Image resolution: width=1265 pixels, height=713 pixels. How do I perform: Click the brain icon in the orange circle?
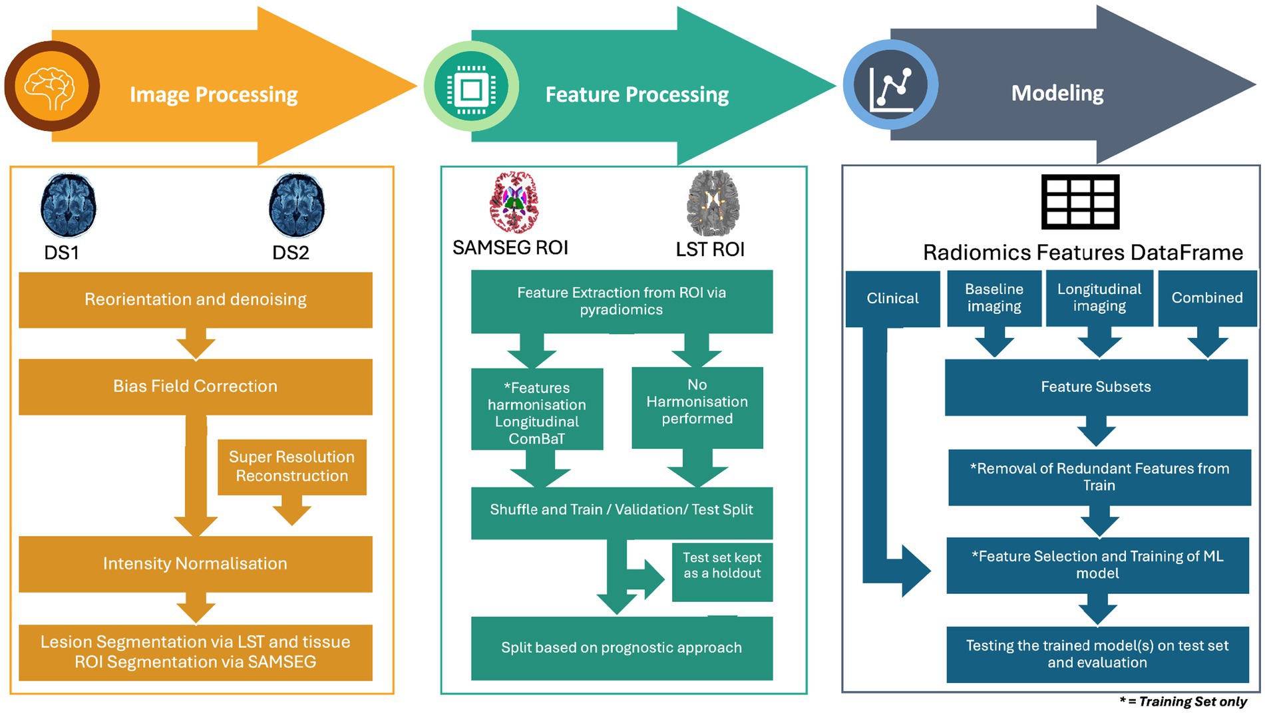point(51,87)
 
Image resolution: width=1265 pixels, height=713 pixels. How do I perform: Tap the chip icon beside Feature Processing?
point(471,88)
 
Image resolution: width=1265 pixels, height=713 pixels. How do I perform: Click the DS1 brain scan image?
point(68,206)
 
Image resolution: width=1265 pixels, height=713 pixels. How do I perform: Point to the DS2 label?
point(291,253)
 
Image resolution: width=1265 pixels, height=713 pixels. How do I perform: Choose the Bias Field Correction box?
point(195,386)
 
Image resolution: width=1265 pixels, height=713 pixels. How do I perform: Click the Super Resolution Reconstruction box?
point(291,466)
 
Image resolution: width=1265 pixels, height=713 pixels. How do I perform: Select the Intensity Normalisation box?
point(195,564)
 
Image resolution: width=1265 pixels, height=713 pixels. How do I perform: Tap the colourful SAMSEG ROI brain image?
point(514,202)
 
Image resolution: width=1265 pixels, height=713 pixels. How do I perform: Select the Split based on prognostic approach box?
point(622,648)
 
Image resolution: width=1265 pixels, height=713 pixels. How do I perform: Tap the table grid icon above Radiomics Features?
point(1080,202)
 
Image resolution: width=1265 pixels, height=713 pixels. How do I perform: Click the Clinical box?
point(892,299)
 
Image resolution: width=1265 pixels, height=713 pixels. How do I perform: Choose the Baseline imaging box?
point(994,298)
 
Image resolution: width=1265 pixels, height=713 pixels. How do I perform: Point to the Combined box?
point(1207,298)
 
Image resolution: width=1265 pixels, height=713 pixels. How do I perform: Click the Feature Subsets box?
point(1096,387)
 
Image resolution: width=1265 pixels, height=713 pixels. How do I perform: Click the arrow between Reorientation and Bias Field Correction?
point(196,344)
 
